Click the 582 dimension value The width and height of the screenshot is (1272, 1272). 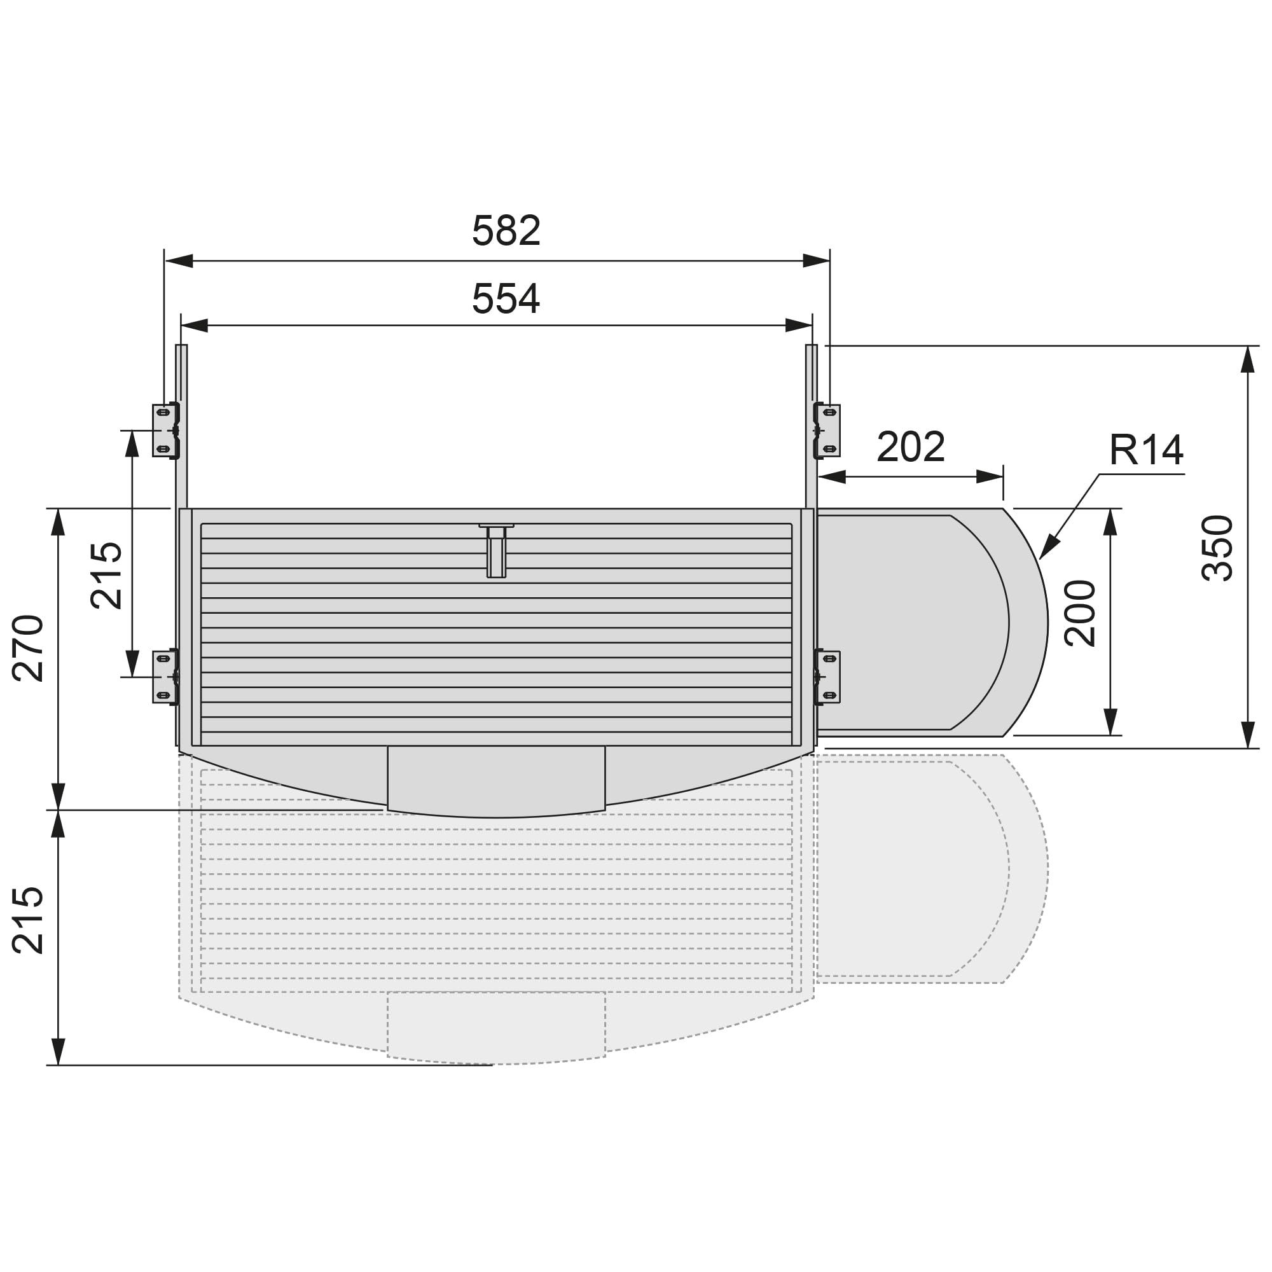506,230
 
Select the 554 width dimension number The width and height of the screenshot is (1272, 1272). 506,298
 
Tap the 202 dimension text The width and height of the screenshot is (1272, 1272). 911,446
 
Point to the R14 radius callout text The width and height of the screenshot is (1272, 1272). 1146,450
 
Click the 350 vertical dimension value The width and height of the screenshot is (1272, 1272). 1217,548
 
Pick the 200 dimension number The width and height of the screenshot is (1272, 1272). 1081,613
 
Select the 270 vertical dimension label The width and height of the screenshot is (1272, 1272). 27,648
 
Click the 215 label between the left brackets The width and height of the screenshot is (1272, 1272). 106,576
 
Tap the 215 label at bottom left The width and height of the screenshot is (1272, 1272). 27,920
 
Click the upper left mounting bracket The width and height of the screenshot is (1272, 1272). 166,431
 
